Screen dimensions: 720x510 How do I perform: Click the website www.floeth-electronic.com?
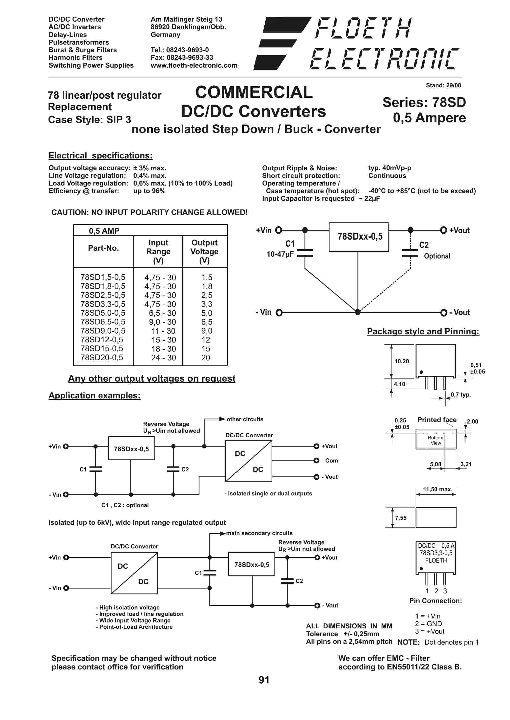(x=194, y=65)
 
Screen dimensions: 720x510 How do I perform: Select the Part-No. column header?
(x=103, y=248)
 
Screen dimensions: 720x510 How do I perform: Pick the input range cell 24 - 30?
(x=163, y=358)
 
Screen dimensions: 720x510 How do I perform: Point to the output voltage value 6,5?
(x=207, y=322)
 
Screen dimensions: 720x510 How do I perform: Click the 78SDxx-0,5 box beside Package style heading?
(x=360, y=237)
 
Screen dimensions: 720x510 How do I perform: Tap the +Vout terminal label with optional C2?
(x=459, y=231)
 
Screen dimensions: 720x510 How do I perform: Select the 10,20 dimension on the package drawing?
(x=402, y=361)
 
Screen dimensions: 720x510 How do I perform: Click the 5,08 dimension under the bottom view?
(x=436, y=464)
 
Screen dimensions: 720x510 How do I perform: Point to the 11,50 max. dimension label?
(x=437, y=489)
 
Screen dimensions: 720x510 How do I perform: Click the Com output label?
(x=331, y=460)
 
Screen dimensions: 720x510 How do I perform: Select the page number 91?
(x=264, y=680)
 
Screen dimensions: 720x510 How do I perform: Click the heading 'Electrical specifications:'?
(x=100, y=156)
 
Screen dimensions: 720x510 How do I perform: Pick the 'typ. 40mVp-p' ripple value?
(x=390, y=168)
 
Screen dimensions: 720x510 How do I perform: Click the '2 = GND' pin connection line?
(x=428, y=624)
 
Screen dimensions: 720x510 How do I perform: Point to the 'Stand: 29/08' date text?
(x=443, y=85)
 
